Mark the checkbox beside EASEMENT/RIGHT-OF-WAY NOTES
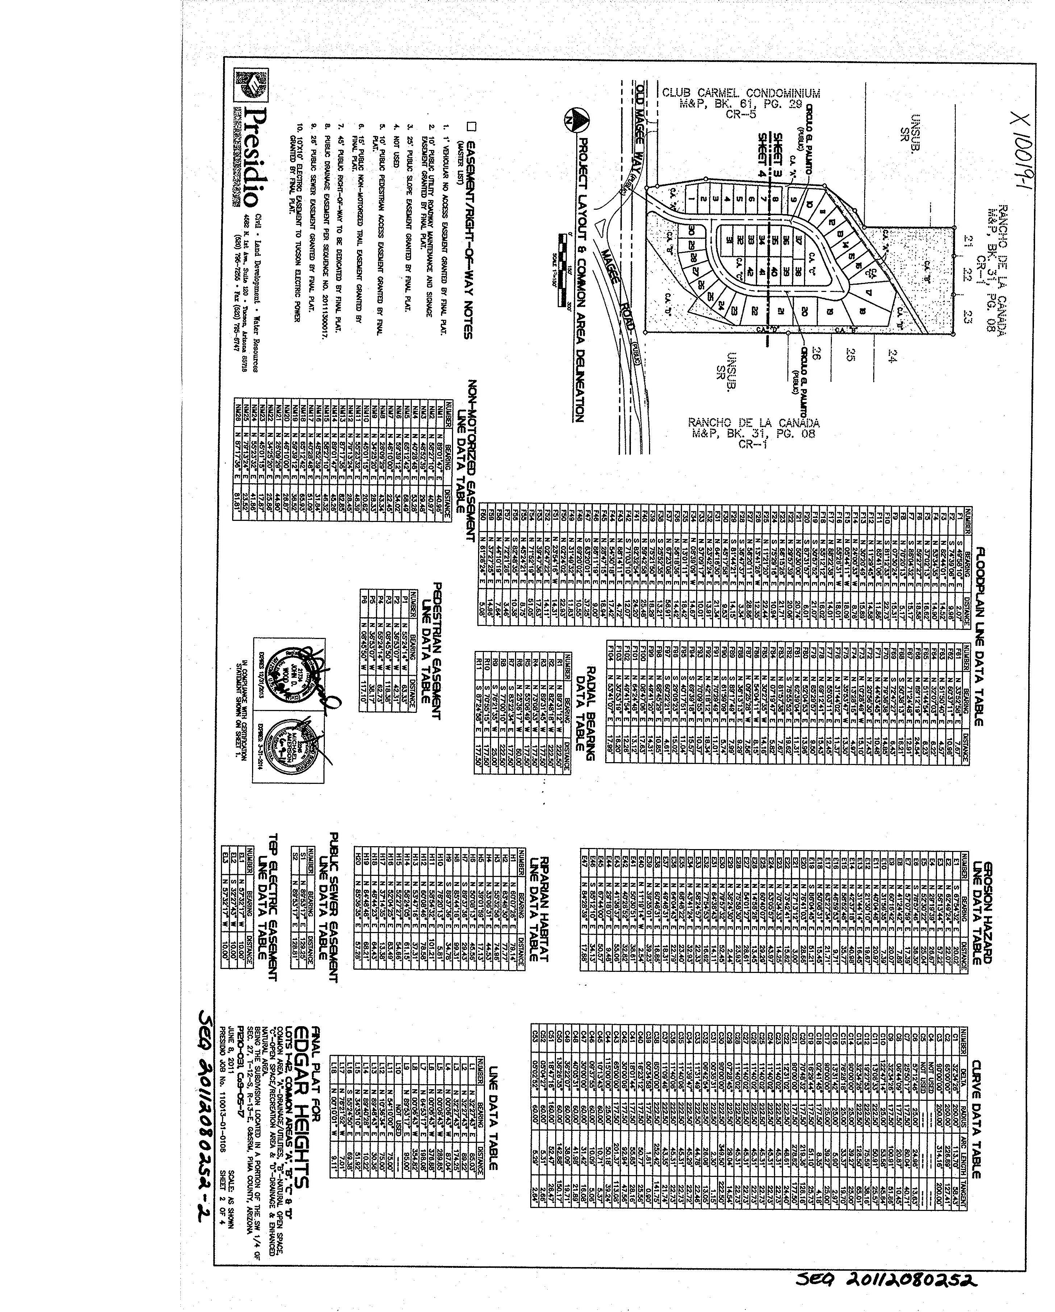(470, 126)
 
